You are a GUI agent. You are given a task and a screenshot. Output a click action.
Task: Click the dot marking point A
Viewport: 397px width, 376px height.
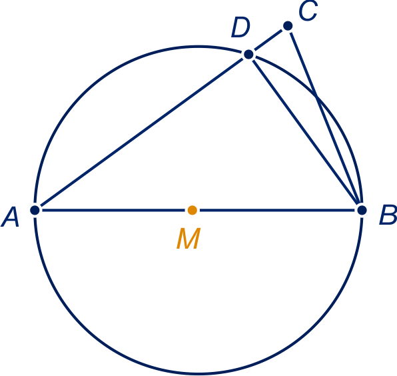click(x=35, y=210)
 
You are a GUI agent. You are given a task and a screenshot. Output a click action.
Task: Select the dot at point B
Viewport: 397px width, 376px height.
click(x=362, y=210)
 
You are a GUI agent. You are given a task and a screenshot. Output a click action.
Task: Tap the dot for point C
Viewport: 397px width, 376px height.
click(x=288, y=26)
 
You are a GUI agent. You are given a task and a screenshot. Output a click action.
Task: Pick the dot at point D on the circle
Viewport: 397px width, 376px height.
click(x=248, y=54)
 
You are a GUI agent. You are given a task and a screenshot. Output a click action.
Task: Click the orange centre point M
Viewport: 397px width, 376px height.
click(x=193, y=210)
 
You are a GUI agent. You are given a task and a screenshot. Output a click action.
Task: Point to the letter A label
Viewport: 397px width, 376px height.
click(x=10, y=217)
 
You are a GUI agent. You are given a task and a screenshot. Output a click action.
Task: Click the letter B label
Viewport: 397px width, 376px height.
click(x=388, y=215)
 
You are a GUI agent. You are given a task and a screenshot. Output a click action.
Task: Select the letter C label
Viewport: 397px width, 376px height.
click(x=308, y=11)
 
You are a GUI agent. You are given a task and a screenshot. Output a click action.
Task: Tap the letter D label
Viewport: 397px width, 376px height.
click(x=240, y=27)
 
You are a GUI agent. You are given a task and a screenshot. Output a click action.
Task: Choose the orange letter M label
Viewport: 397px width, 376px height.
click(x=189, y=238)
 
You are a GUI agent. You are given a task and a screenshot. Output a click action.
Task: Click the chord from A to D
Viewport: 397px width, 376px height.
click(x=142, y=132)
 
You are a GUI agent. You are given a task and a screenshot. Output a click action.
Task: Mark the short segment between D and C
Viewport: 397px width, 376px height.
click(x=268, y=40)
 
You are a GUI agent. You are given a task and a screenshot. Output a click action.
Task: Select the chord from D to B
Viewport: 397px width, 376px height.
click(x=305, y=132)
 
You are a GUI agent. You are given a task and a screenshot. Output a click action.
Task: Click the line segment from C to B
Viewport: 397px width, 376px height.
click(x=325, y=118)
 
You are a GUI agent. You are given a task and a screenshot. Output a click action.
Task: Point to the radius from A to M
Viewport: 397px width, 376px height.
click(x=114, y=210)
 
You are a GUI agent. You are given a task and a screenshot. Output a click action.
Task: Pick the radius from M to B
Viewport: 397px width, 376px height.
click(x=277, y=210)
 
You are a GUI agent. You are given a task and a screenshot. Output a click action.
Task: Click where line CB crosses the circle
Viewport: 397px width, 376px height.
click(x=316, y=96)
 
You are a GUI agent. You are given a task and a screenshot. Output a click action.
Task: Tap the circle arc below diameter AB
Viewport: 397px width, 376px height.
click(x=198, y=373)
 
